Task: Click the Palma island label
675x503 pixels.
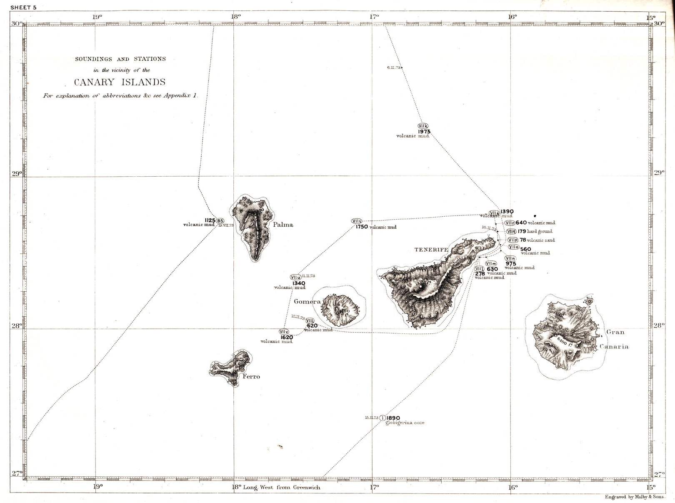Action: tap(283, 225)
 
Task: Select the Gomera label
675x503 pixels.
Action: tap(307, 301)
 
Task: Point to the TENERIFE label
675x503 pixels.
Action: tap(431, 250)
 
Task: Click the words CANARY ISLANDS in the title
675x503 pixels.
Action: tap(120, 82)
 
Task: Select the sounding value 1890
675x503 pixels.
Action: tap(393, 418)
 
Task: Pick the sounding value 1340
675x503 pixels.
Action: tap(298, 283)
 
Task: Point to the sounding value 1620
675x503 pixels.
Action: tap(286, 337)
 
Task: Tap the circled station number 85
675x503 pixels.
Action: tap(220, 220)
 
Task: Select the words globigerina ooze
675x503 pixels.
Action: tap(405, 423)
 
